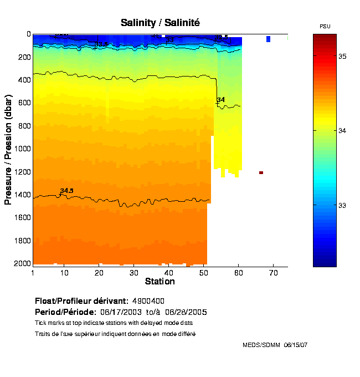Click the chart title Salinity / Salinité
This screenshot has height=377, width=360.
pyautogui.click(x=160, y=23)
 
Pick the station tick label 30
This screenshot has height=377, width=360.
pyautogui.click(x=133, y=273)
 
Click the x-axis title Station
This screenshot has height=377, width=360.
pyautogui.click(x=160, y=282)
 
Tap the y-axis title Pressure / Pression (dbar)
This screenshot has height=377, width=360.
pyautogui.click(x=8, y=149)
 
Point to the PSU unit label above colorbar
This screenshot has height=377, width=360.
pyautogui.click(x=325, y=27)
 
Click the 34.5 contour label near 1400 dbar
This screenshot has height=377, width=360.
pyautogui.click(x=66, y=191)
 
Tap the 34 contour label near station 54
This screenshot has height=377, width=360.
pyautogui.click(x=221, y=100)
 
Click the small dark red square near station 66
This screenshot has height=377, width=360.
pyautogui.click(x=261, y=172)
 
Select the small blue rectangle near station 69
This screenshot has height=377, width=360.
pyautogui.click(x=268, y=39)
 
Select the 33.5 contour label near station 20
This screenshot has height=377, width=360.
pyautogui.click(x=101, y=44)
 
